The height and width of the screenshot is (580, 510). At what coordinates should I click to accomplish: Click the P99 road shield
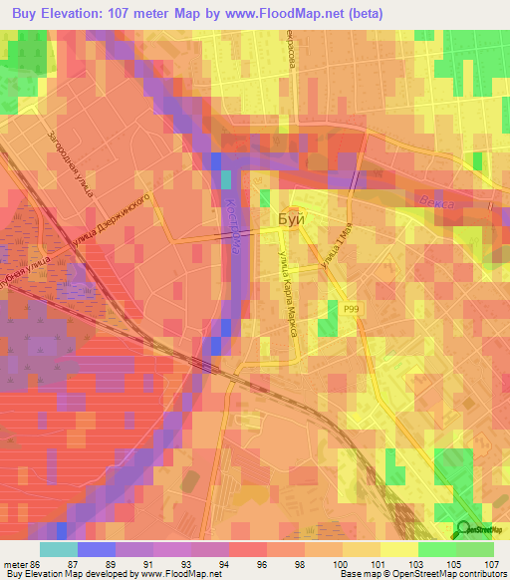pos(351,310)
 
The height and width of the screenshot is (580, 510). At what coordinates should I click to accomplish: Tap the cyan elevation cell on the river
pos(225,178)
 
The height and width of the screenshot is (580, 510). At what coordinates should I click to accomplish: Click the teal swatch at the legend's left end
pos(58,549)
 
